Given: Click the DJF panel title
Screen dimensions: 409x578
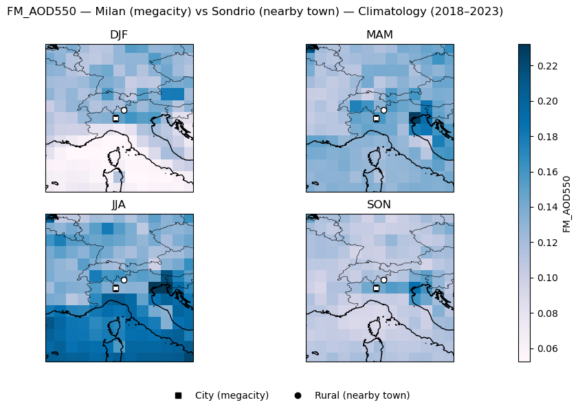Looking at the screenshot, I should (x=119, y=35).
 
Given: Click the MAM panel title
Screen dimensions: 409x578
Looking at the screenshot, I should (x=379, y=35).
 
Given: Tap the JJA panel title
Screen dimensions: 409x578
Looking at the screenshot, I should (x=119, y=205).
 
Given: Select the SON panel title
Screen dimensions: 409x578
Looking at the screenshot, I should (x=379, y=205).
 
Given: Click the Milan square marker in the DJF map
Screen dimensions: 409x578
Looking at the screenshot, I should (x=115, y=118).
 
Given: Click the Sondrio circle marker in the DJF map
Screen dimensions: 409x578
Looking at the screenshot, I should (x=124, y=110).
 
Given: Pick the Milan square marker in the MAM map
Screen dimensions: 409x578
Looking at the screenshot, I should (x=376, y=118).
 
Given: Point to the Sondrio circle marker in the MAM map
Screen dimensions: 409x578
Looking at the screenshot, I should (x=384, y=110).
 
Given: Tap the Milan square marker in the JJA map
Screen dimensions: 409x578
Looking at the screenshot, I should (x=115, y=288).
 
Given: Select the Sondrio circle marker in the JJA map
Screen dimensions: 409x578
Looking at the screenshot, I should (x=124, y=280).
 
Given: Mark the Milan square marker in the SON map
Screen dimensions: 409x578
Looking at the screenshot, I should (x=376, y=288).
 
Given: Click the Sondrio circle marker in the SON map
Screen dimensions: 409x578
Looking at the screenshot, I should (x=384, y=280).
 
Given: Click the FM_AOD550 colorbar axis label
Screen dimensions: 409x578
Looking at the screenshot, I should (x=567, y=203).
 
